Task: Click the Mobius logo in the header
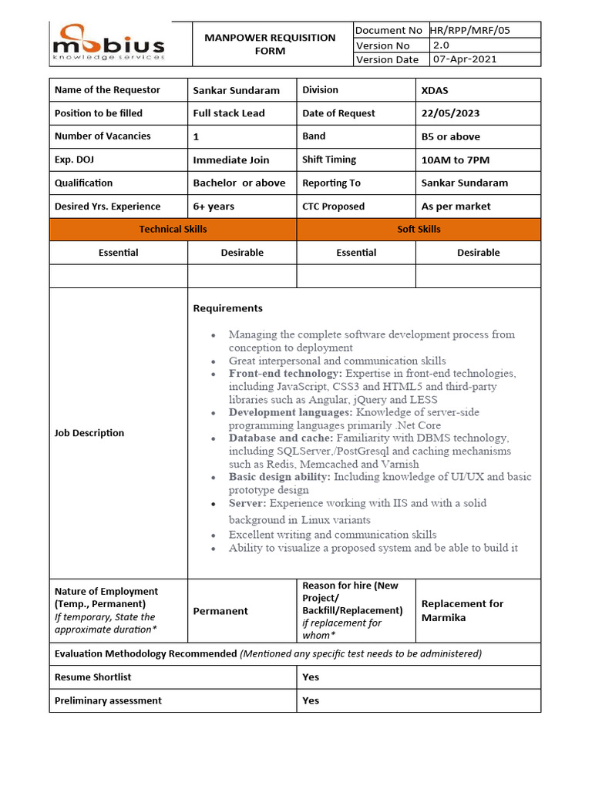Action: (108, 42)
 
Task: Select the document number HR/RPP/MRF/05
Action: (473, 30)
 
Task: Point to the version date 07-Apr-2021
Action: (464, 59)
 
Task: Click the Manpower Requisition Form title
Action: (270, 44)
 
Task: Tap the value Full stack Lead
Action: (229, 113)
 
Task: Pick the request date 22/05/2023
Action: (450, 113)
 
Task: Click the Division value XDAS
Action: (436, 90)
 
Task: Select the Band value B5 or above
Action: (450, 136)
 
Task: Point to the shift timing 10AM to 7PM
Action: (455, 160)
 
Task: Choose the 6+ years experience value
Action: (214, 206)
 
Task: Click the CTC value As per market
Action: (456, 206)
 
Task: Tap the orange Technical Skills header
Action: (173, 229)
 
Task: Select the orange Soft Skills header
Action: (419, 229)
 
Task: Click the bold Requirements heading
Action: (227, 308)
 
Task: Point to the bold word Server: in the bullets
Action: (247, 503)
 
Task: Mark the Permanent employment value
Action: (220, 611)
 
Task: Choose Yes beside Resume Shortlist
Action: (311, 677)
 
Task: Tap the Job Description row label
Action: (89, 433)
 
